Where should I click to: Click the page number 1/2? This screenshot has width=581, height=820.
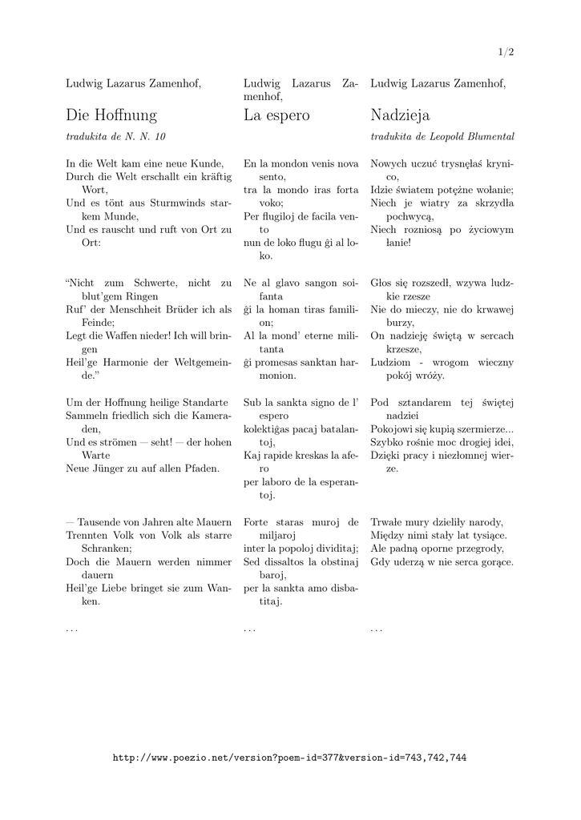point(506,52)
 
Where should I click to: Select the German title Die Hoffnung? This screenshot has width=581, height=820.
point(111,115)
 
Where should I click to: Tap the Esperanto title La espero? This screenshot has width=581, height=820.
point(276,115)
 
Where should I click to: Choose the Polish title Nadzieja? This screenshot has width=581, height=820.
point(400,115)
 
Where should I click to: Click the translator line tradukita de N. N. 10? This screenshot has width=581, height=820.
point(115,137)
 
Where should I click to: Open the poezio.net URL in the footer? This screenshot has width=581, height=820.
point(289,757)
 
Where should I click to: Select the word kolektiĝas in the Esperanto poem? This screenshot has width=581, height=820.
point(272,428)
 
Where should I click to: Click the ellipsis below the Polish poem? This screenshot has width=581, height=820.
point(376,630)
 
